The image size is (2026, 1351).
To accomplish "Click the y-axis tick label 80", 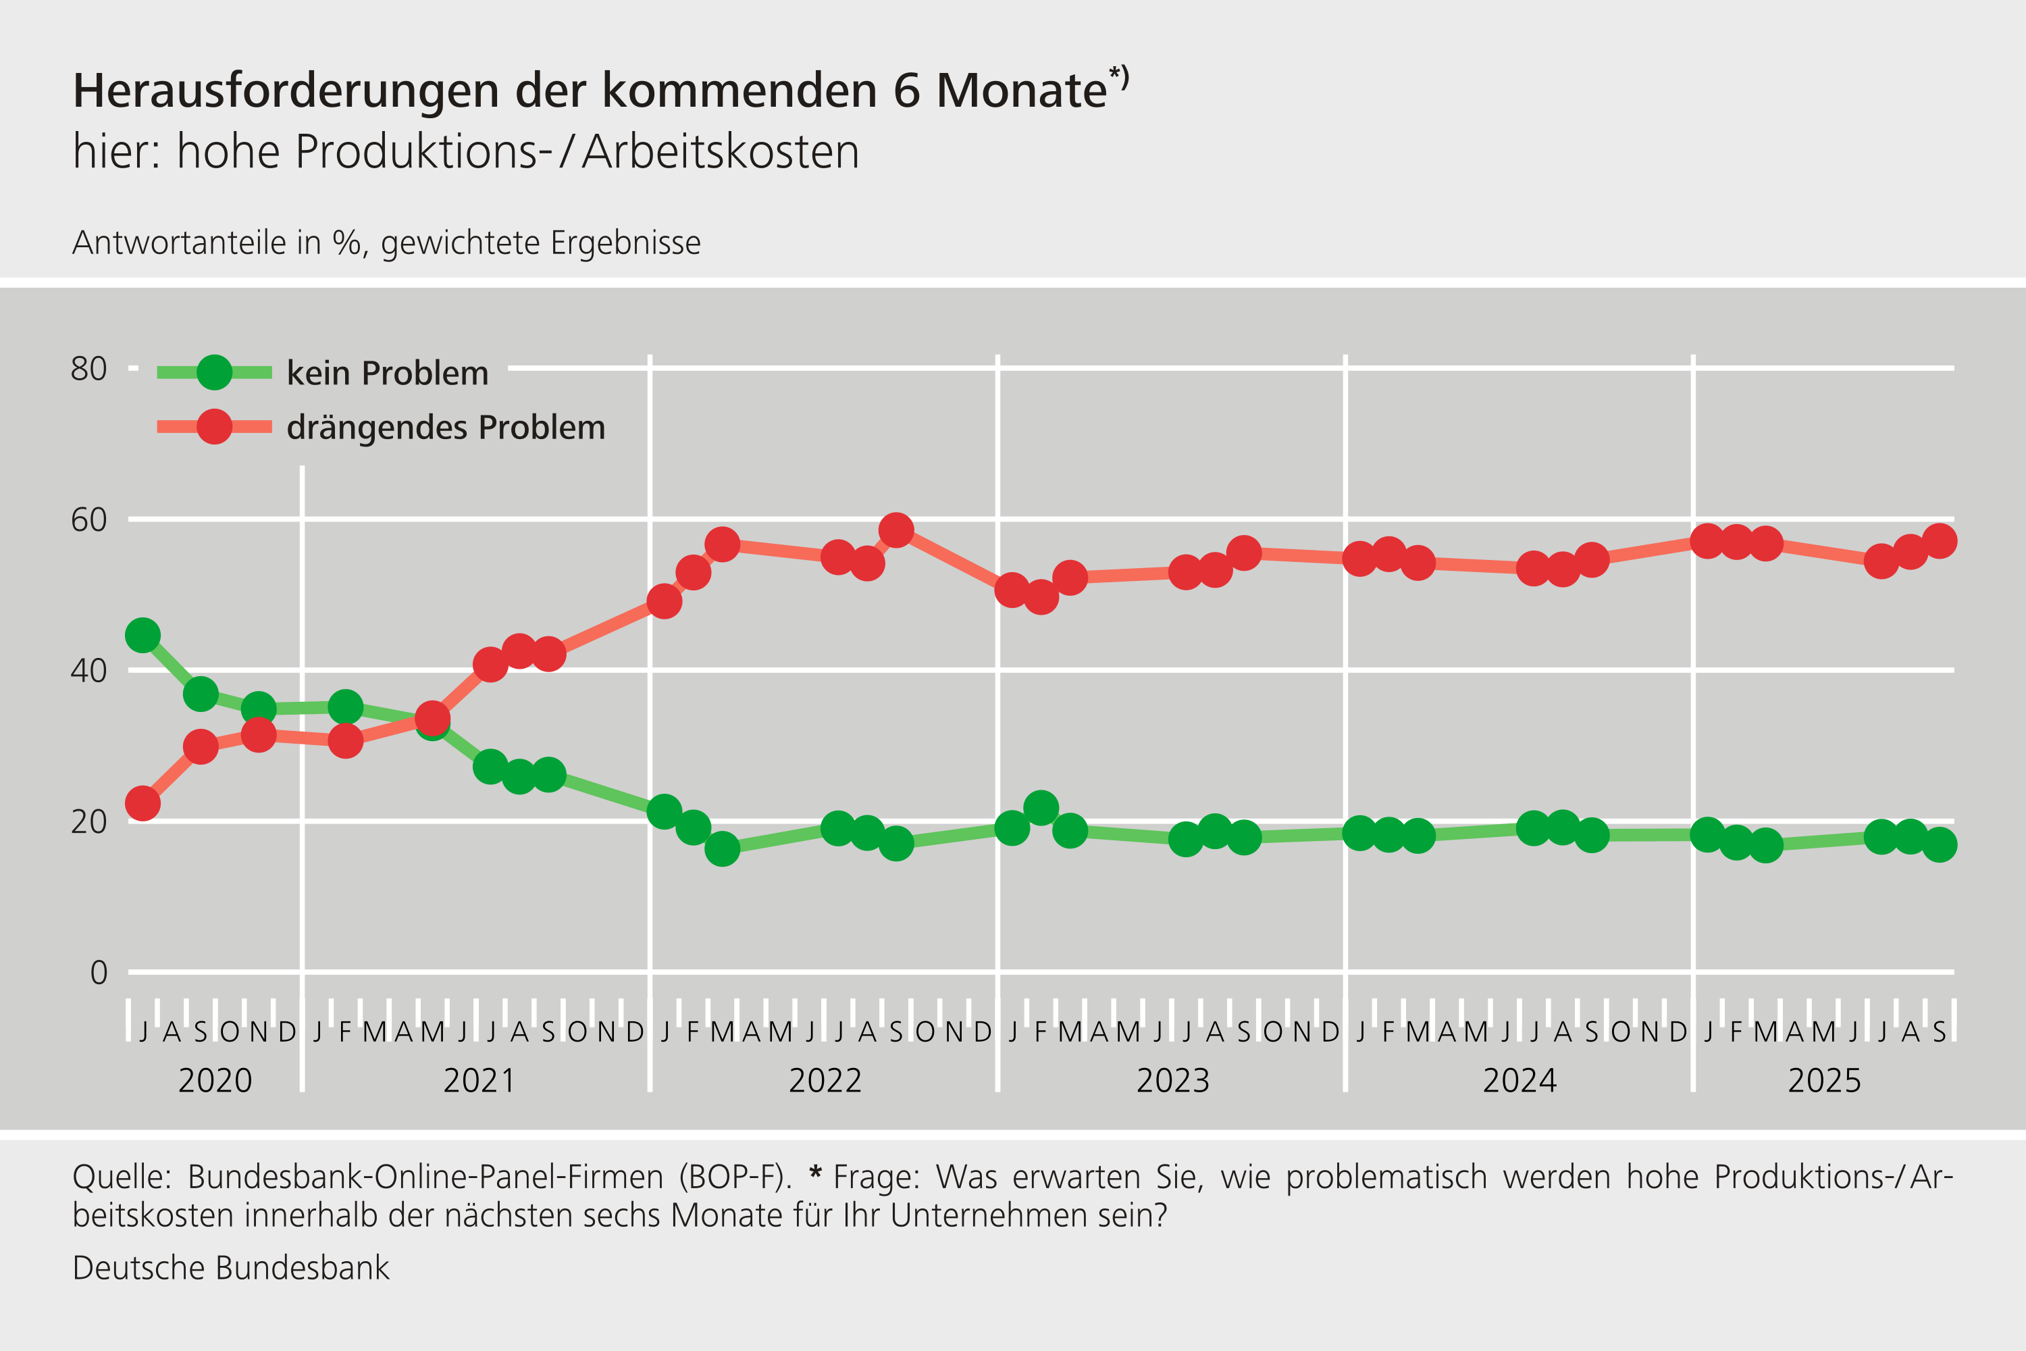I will (x=88, y=369).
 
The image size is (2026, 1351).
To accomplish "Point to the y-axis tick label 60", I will (x=88, y=519).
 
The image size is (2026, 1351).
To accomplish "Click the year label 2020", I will (x=215, y=1080).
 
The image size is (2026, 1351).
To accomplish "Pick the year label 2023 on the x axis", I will (x=1172, y=1080).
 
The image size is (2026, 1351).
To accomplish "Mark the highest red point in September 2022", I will (x=897, y=531).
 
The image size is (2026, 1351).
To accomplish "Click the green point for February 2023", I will (x=1041, y=808).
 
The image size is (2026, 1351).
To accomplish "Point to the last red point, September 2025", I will (x=1940, y=541).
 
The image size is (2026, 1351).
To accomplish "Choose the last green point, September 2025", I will (x=1940, y=845).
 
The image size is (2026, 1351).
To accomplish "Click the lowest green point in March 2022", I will (x=722, y=850).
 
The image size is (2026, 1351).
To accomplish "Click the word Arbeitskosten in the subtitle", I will (x=720, y=153).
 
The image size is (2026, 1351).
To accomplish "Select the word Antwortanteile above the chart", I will (x=179, y=243).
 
